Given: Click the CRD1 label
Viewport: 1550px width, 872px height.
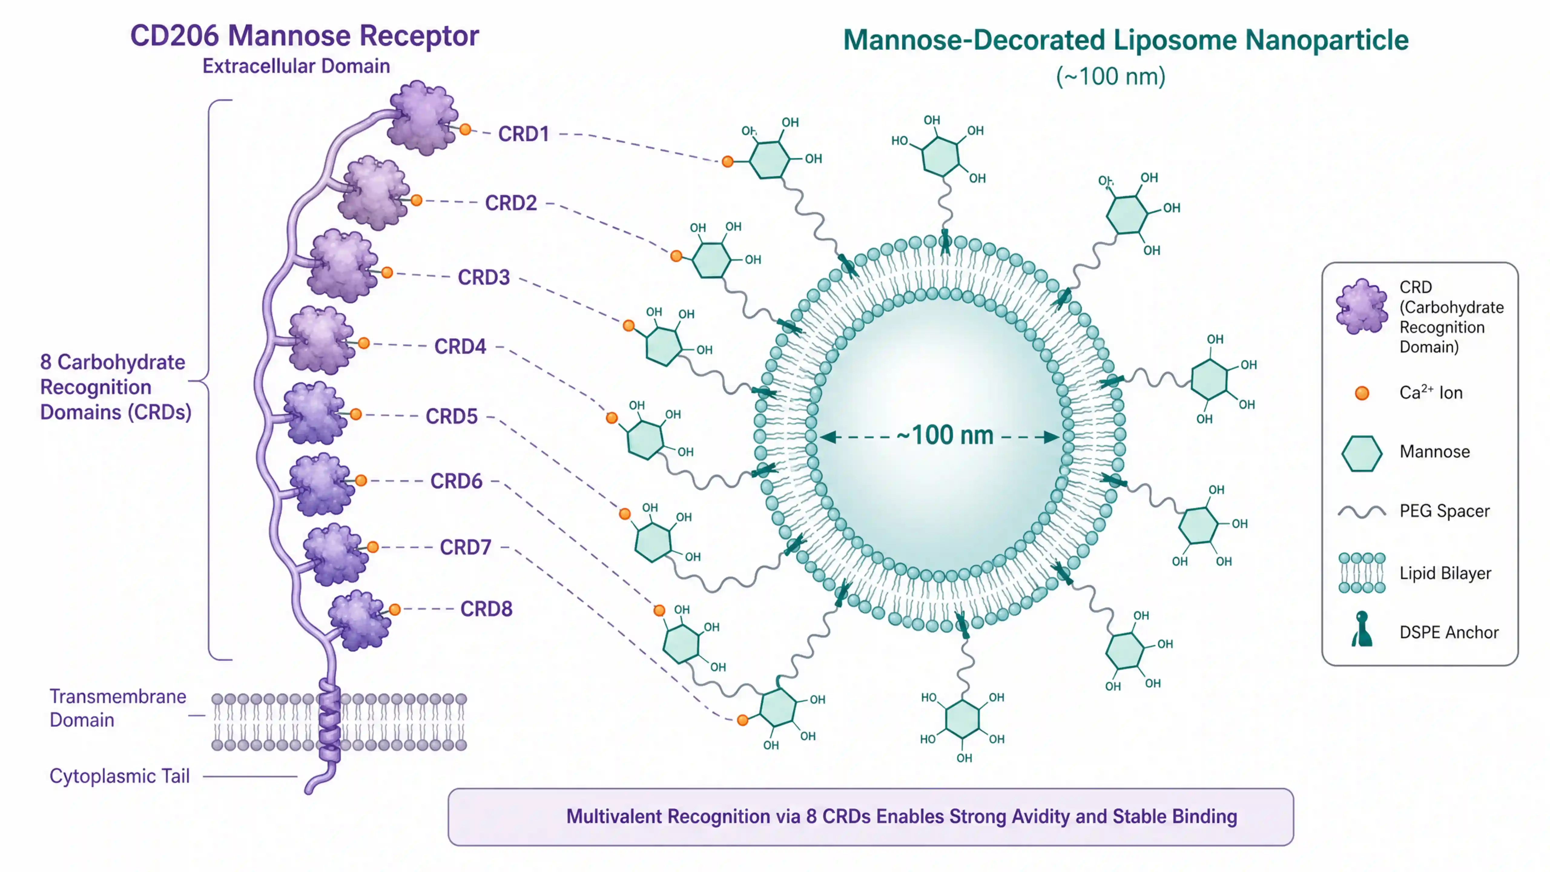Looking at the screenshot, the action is point(523,134).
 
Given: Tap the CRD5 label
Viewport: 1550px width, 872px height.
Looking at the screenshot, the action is point(451,416).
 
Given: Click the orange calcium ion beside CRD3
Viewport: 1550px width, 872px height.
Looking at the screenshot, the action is point(387,272).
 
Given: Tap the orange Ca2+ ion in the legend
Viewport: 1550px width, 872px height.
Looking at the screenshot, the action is point(1362,393).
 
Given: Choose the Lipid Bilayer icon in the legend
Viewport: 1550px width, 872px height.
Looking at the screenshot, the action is point(1362,573).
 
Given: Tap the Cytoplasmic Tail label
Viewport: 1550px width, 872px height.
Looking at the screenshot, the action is point(119,776).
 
